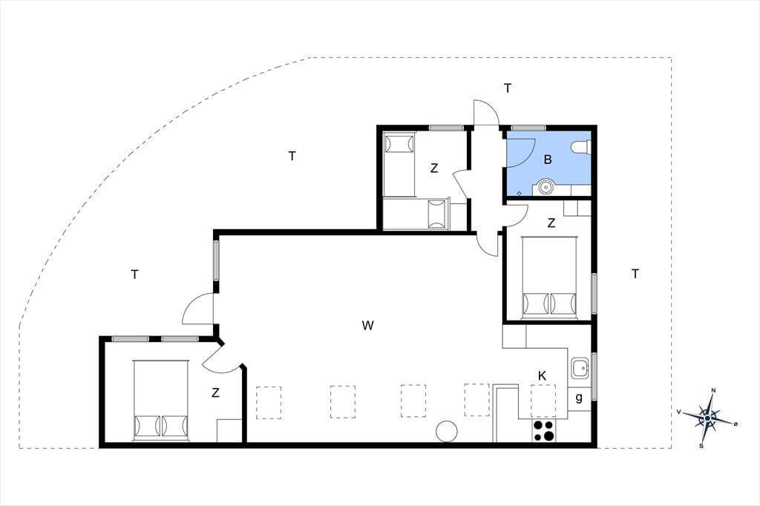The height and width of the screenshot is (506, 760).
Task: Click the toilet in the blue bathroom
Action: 581,147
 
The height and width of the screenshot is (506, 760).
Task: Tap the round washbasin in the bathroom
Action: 546,187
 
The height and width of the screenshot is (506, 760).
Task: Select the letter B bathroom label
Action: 548,160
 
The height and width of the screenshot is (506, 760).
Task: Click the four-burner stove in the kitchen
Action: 544,430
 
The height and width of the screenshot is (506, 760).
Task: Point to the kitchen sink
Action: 580,368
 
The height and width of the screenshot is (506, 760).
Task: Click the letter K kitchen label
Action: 542,375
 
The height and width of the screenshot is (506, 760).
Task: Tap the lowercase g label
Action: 579,398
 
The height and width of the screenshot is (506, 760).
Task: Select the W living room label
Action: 368,325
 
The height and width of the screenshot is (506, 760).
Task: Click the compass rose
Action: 707,417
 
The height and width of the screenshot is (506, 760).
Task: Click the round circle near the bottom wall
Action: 446,431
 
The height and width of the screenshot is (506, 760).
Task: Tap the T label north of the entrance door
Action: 508,88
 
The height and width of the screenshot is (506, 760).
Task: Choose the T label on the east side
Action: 635,274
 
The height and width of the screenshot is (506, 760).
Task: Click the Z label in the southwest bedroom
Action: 216,392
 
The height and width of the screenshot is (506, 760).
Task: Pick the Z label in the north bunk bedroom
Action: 434,168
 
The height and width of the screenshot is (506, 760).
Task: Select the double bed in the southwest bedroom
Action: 160,401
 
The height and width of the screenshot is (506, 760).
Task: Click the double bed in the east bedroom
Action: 550,277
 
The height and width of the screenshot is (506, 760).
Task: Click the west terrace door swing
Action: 197,309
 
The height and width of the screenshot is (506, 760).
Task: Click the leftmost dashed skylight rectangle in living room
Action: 269,402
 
